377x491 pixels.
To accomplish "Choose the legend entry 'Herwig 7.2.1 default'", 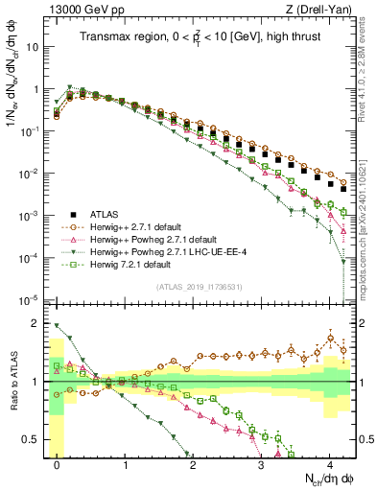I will click(122, 265).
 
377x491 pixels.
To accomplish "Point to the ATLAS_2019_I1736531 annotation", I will click(199, 287).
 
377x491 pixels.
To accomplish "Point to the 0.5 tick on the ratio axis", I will click(34, 440).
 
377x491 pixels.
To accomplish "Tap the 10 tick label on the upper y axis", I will click(35, 46).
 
